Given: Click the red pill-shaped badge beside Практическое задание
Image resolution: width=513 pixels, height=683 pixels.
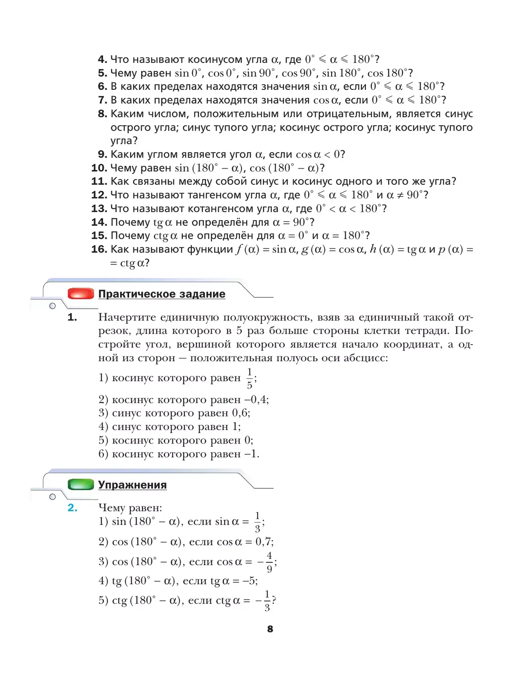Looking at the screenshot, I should pos(81,294).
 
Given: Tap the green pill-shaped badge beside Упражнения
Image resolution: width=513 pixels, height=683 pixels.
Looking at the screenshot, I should pos(81,484).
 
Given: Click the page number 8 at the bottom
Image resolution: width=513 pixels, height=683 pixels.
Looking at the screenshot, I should pos(270,629).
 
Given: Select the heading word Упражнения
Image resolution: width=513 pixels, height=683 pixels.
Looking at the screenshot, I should pos(133,485).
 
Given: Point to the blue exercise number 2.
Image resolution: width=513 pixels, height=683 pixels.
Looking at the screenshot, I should pos(72,508).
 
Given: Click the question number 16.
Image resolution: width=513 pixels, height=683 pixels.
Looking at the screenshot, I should pos(99,249).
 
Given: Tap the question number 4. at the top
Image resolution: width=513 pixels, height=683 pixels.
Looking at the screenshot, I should pos(102,59).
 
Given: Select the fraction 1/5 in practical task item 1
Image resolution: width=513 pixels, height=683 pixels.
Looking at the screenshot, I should pos(250,378).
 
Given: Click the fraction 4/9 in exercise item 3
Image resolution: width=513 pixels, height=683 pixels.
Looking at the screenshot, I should pos(269,562).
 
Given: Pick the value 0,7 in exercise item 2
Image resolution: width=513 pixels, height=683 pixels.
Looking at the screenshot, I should pos(264,542).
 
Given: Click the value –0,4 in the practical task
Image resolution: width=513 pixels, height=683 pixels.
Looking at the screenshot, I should pos(256,400).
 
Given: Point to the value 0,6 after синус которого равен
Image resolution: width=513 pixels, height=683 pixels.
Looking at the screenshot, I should pos(240,413).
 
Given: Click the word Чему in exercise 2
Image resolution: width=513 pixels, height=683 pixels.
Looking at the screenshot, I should pos(112,508).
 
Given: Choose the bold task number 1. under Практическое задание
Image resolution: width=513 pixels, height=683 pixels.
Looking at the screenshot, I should pos(72,317).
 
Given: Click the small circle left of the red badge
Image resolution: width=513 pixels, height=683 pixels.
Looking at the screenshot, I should pos(53,306).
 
